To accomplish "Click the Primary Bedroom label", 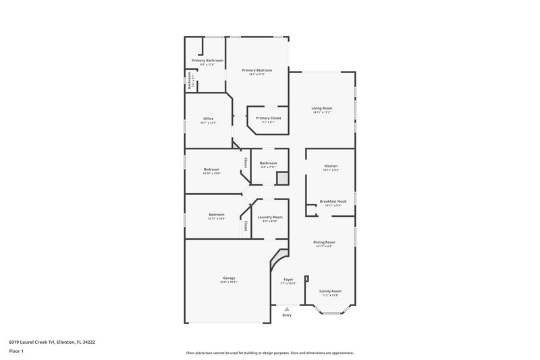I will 256,70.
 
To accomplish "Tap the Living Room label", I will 321,108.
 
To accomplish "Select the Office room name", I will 208,119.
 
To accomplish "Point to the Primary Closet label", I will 268,118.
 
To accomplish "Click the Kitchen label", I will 331,165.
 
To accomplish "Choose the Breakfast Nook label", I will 333,201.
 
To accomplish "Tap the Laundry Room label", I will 270,217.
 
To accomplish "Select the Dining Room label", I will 324,242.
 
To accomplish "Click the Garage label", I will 229,278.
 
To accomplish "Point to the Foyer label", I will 288,279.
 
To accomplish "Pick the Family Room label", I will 330,290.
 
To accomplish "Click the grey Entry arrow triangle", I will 287,309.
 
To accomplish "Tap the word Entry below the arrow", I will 287,315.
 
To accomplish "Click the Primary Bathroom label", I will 207,61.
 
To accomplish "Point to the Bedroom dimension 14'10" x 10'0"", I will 211,173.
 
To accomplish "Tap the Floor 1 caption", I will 15,352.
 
